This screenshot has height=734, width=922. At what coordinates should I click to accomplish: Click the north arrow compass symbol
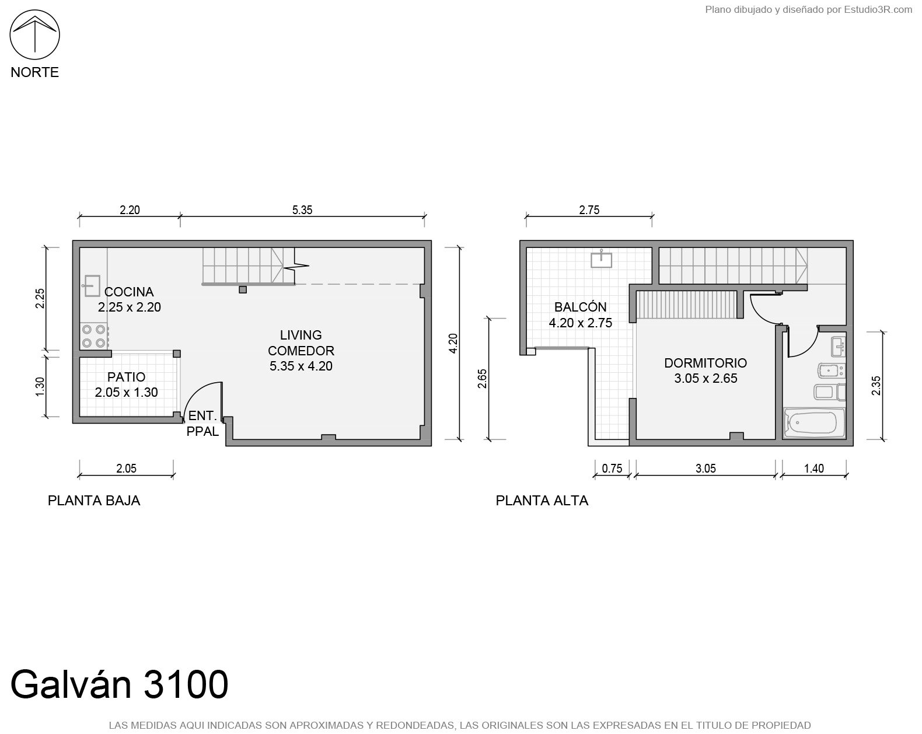34,34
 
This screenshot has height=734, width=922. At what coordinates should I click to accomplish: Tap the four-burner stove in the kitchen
94,336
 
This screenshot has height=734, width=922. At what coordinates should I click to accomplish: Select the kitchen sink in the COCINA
91,286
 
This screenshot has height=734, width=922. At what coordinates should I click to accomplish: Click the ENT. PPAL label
202,424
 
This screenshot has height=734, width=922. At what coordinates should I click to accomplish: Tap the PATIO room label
127,377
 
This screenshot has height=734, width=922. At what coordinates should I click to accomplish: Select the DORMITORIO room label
706,363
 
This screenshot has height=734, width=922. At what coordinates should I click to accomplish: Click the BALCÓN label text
581,307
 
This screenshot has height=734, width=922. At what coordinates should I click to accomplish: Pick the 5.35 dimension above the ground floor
302,210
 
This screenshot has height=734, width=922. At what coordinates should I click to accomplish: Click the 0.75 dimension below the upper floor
612,469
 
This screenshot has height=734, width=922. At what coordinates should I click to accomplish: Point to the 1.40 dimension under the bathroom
814,469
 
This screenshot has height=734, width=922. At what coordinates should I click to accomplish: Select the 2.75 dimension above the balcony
589,210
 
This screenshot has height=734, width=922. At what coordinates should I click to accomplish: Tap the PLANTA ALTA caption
542,501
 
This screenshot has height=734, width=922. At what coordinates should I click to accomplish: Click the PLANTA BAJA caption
94,501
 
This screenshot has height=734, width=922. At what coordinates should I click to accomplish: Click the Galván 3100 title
119,684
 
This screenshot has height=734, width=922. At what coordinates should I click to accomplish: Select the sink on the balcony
602,259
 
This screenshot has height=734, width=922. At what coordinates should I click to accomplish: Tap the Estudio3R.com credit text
878,9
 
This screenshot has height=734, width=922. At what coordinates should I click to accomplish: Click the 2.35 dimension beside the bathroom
876,385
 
